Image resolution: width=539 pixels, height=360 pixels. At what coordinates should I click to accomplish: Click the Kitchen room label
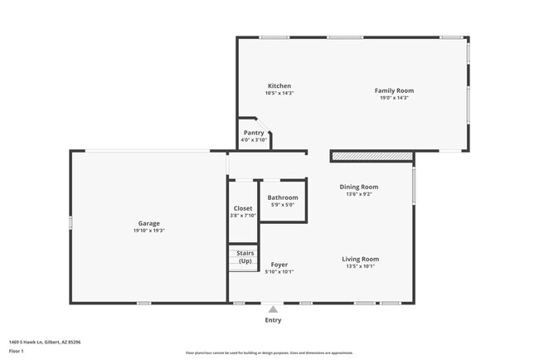pyautogui.click(x=279, y=86)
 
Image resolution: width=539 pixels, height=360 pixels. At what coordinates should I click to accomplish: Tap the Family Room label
pyautogui.click(x=394, y=90)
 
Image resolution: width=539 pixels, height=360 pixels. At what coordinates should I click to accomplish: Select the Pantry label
pyautogui.click(x=254, y=133)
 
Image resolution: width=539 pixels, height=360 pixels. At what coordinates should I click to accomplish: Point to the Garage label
pyautogui.click(x=149, y=223)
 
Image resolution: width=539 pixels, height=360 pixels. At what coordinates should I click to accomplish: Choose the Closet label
pyautogui.click(x=243, y=208)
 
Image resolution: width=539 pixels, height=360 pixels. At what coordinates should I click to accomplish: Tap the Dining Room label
pyautogui.click(x=359, y=187)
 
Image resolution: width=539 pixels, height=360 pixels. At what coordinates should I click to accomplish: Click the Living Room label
pyautogui.click(x=361, y=259)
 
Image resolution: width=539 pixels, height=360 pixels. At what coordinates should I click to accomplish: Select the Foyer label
pyautogui.click(x=279, y=265)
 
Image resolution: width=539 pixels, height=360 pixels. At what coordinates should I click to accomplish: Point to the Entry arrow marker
pyautogui.click(x=273, y=309)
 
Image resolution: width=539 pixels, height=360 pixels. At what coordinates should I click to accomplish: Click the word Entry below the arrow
pyautogui.click(x=273, y=320)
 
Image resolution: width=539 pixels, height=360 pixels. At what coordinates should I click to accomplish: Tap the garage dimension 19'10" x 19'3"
pyautogui.click(x=149, y=231)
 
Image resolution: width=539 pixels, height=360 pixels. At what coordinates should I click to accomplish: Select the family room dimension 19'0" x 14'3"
pyautogui.click(x=394, y=98)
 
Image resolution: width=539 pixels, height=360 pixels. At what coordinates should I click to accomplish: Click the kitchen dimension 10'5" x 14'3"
pyautogui.click(x=279, y=94)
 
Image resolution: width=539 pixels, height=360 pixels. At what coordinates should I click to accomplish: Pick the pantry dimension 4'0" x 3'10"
pyautogui.click(x=254, y=140)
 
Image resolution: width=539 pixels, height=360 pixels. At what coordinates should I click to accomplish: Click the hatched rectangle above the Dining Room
pyautogui.click(x=371, y=156)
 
